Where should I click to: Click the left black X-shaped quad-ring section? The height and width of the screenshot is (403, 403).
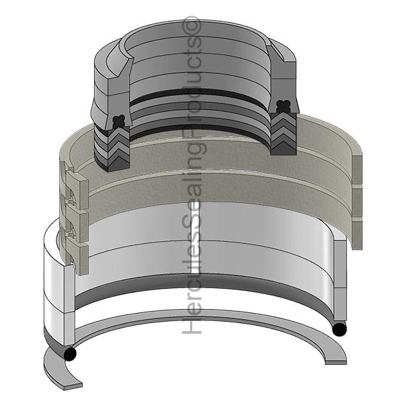[119, 122]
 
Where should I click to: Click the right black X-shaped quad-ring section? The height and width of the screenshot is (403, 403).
[283, 106]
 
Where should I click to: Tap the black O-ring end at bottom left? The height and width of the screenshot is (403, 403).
[70, 354]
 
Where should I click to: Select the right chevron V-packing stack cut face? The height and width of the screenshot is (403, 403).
[283, 134]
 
